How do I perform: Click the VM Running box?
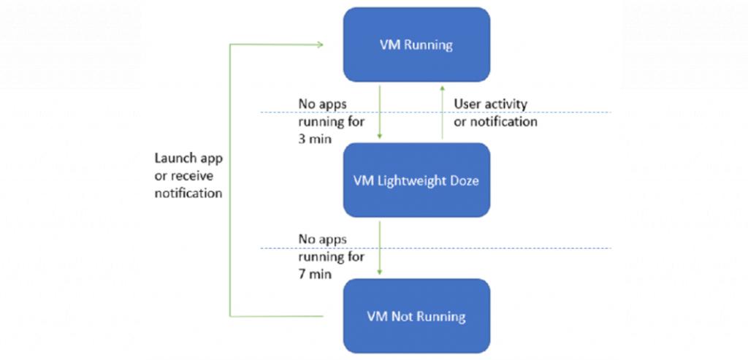click(x=416, y=45)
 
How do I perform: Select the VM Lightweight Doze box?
click(x=416, y=180)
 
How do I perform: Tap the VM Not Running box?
click(x=416, y=316)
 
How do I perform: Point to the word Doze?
click(x=465, y=180)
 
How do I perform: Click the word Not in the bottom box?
click(x=403, y=317)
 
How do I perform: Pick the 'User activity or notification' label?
click(x=495, y=113)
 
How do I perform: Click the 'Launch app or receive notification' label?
click(x=188, y=176)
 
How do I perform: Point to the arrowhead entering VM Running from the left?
click(x=319, y=45)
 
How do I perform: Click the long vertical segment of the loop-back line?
click(x=230, y=183)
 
